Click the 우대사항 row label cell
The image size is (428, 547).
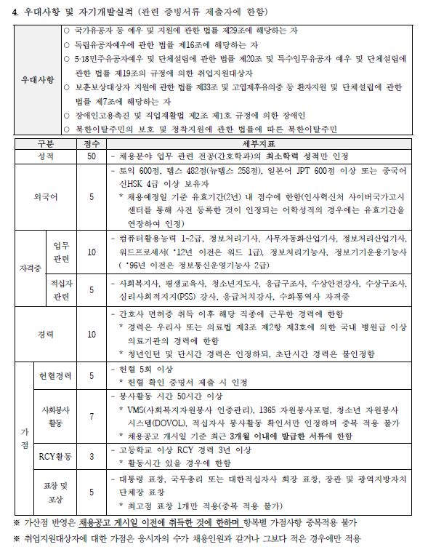[x=38, y=80]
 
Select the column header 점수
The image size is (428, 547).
[x=92, y=144]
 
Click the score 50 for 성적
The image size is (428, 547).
[x=92, y=156]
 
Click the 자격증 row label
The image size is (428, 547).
[x=30, y=267]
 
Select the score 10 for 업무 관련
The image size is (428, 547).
[x=92, y=252]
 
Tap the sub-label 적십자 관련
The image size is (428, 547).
[x=61, y=290]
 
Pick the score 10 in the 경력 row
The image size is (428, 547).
[x=92, y=334]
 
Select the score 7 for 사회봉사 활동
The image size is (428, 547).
[x=92, y=417]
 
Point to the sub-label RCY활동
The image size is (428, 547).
[x=55, y=457]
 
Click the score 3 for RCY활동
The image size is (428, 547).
[x=92, y=457]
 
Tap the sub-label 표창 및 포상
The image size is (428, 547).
[x=55, y=492]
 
